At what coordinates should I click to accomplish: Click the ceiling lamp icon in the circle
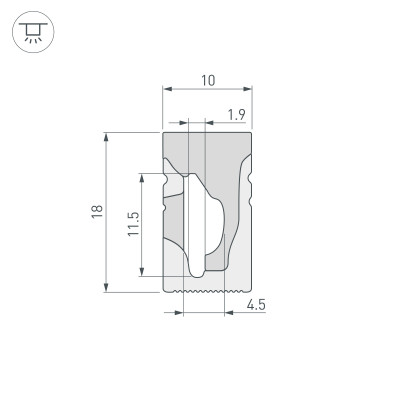(x=34, y=35)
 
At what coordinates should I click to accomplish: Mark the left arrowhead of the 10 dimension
(x=166, y=89)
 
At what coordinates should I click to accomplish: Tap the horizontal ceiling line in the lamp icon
(x=34, y=26)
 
